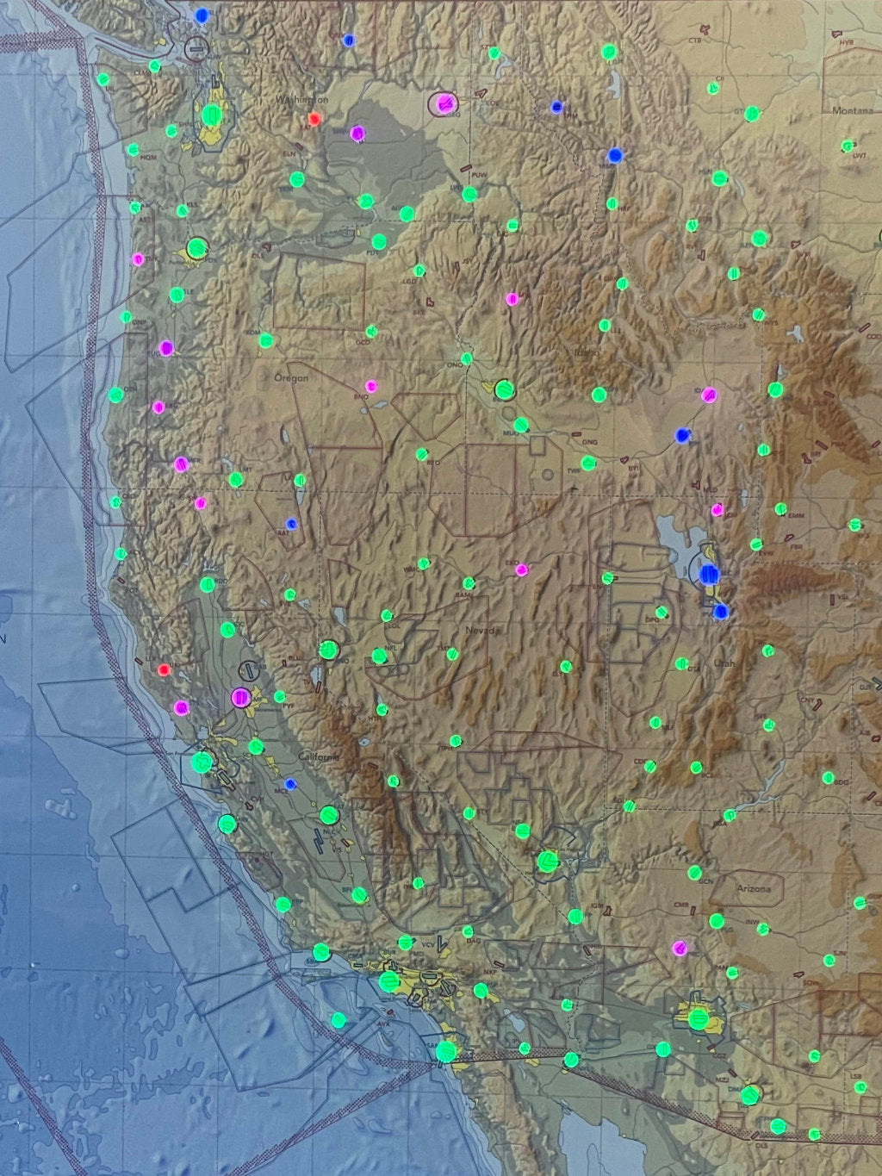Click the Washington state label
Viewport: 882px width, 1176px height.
(x=301, y=101)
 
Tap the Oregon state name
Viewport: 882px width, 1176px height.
(x=290, y=378)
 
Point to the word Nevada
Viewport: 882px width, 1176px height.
(x=482, y=632)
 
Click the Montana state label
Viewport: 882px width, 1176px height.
(x=851, y=111)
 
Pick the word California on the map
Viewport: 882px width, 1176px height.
(x=319, y=756)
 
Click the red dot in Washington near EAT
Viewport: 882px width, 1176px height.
(x=314, y=119)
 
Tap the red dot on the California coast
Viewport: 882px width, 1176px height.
(x=165, y=669)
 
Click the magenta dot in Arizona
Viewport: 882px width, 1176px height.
(x=680, y=949)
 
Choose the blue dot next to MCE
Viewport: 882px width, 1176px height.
(x=291, y=784)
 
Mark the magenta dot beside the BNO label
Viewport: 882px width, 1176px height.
(x=371, y=386)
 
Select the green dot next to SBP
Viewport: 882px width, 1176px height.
(x=283, y=904)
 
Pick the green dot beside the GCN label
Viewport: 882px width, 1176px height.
(x=694, y=871)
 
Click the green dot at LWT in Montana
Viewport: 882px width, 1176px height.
(x=849, y=146)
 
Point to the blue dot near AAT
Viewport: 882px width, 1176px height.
(x=292, y=523)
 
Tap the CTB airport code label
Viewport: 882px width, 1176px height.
(x=696, y=40)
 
